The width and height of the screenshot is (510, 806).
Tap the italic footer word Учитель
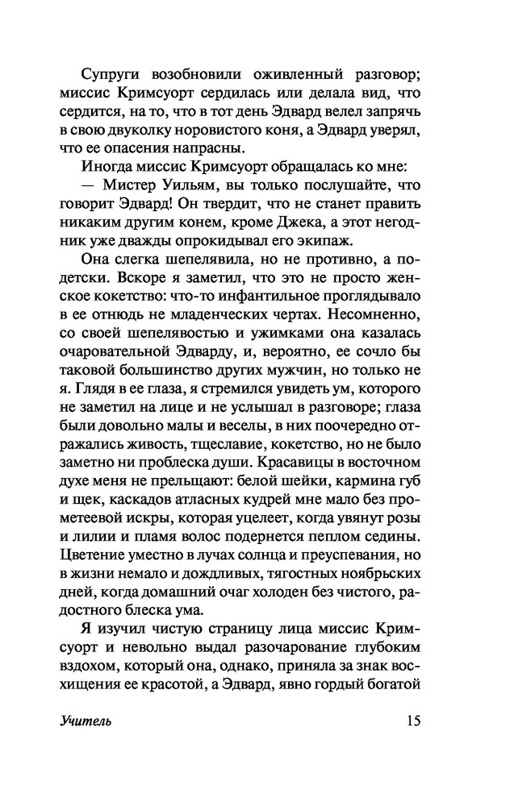coord(85,721)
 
